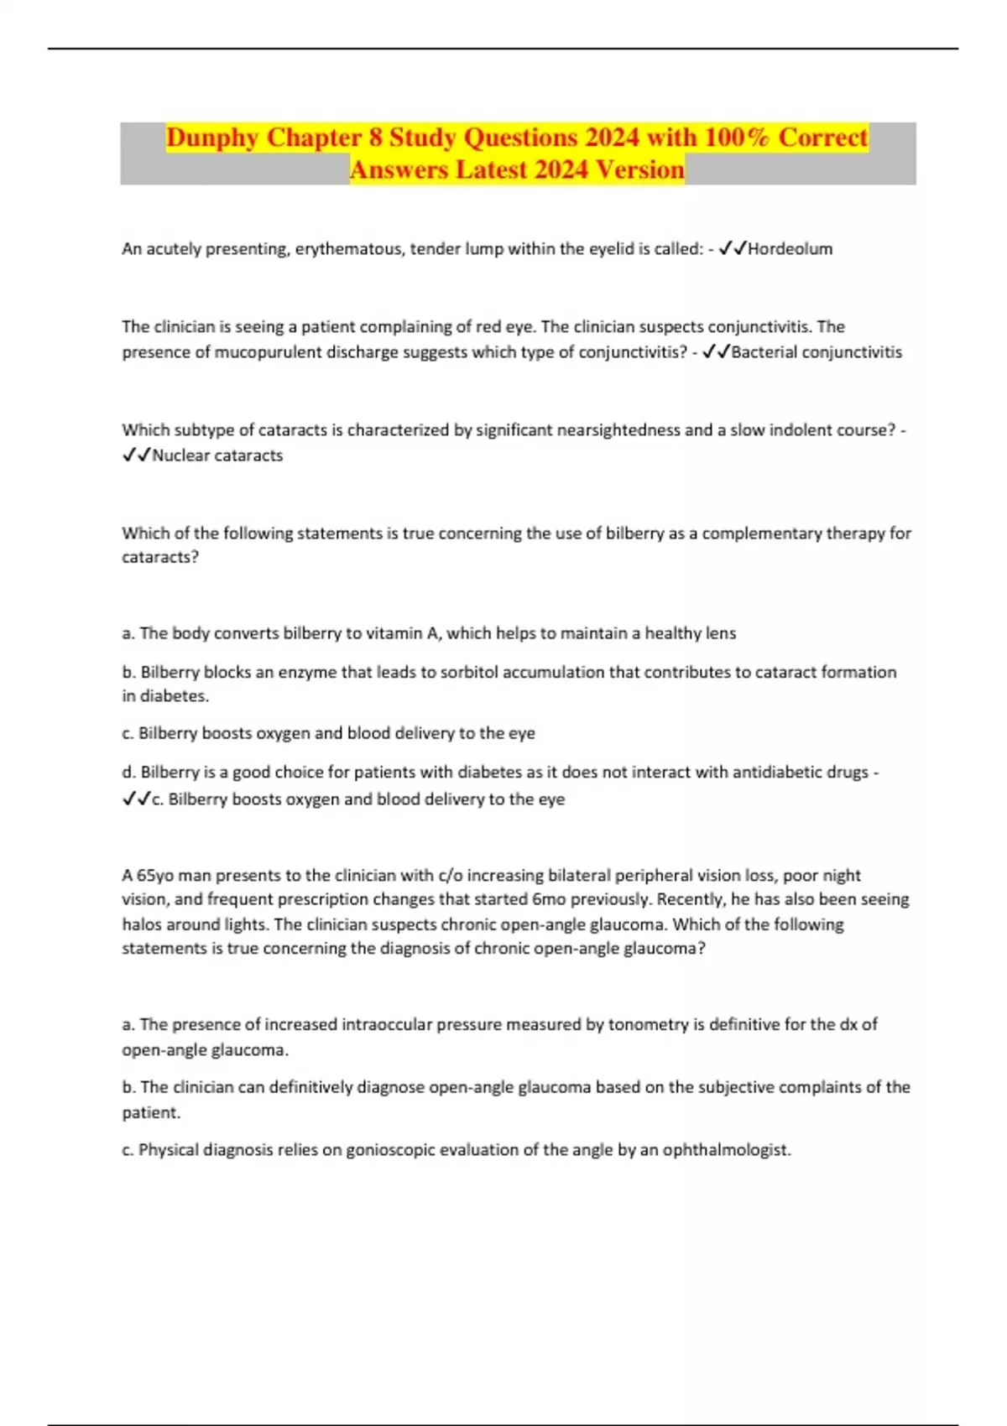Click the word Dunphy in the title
pyautogui.click(x=211, y=138)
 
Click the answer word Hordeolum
pyautogui.click(x=790, y=249)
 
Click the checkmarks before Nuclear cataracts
pyautogui.click(x=136, y=455)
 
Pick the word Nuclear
pyautogui.click(x=180, y=455)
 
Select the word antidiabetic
pyautogui.click(x=777, y=772)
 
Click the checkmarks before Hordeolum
pyautogui.click(x=733, y=249)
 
